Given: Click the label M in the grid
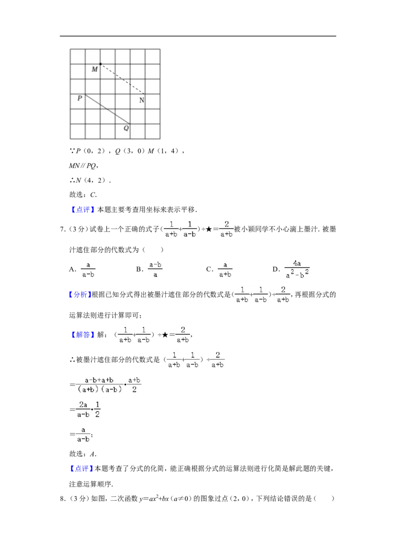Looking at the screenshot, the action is click(x=95, y=69).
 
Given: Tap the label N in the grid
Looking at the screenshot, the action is click(x=142, y=100).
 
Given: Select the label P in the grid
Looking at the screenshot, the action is click(x=80, y=98).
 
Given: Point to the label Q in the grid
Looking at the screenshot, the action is click(x=126, y=128).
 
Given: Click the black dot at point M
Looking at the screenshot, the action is click(x=100, y=64).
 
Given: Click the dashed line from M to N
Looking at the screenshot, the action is click(x=123, y=79).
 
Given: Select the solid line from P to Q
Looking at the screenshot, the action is click(x=107, y=109).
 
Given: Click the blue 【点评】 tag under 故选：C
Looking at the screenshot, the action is click(x=82, y=210).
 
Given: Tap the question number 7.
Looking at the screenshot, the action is click(x=62, y=229).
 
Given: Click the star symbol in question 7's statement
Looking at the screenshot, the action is click(x=209, y=229).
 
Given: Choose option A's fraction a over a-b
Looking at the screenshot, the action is click(x=88, y=270).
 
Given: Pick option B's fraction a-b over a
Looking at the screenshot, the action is click(x=155, y=270).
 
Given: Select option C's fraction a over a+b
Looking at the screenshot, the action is click(x=225, y=270).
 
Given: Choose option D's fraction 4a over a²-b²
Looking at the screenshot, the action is click(x=297, y=269).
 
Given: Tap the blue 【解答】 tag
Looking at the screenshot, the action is click(x=82, y=334).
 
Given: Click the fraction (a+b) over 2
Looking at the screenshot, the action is click(x=134, y=385).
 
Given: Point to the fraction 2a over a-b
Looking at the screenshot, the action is click(x=83, y=409).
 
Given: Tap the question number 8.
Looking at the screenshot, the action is click(x=62, y=499).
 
